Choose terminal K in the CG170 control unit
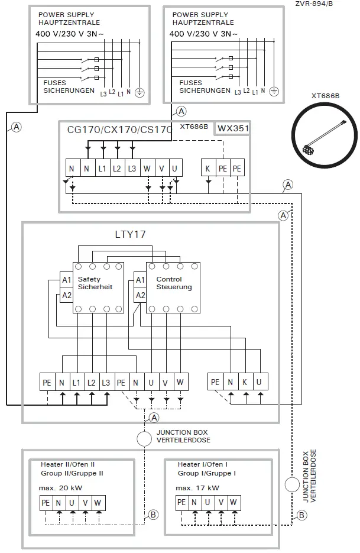coord(207,168)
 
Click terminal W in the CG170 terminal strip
coord(147,168)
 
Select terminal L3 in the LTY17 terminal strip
coord(106,383)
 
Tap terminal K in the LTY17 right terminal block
coord(244,383)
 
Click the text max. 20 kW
coord(61,488)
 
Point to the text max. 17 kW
coord(198,488)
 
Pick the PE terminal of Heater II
coord(46,503)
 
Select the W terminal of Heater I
coord(233,503)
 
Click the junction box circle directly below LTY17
coord(144,439)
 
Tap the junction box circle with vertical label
coord(291,484)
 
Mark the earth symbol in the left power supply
coord(140,92)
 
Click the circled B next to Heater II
coord(153,515)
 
